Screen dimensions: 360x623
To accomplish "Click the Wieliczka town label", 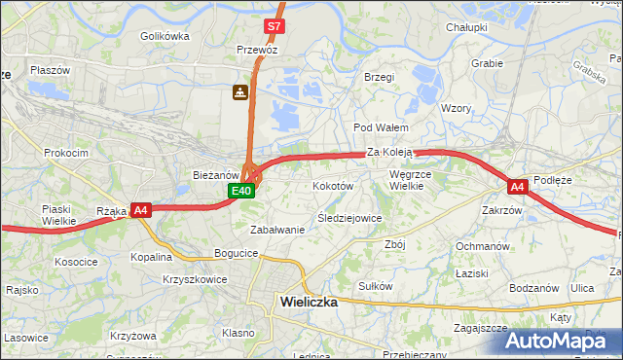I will tap(309, 302).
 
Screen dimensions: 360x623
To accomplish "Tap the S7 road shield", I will tap(275, 26).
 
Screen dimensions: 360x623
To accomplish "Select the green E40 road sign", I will tap(242, 191).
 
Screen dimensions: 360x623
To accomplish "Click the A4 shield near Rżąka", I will tap(141, 209).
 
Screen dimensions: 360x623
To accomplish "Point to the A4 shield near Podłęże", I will tap(517, 186).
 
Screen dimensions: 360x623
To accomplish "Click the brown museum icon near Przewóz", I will tap(238, 92).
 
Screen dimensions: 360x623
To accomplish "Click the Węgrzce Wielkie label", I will tap(409, 180).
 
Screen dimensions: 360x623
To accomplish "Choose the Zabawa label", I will tap(277, 230).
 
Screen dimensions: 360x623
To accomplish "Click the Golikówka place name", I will tap(165, 36).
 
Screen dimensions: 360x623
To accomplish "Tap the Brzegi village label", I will tap(378, 77).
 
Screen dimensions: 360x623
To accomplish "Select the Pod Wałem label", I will tap(380, 127).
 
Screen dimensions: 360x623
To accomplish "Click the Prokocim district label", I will tap(66, 153).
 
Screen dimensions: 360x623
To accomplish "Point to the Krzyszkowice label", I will tap(195, 279).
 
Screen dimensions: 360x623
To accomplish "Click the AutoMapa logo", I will tap(565, 341).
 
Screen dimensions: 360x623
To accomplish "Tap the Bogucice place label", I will tap(237, 253).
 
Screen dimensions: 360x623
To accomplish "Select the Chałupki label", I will tap(466, 27).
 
